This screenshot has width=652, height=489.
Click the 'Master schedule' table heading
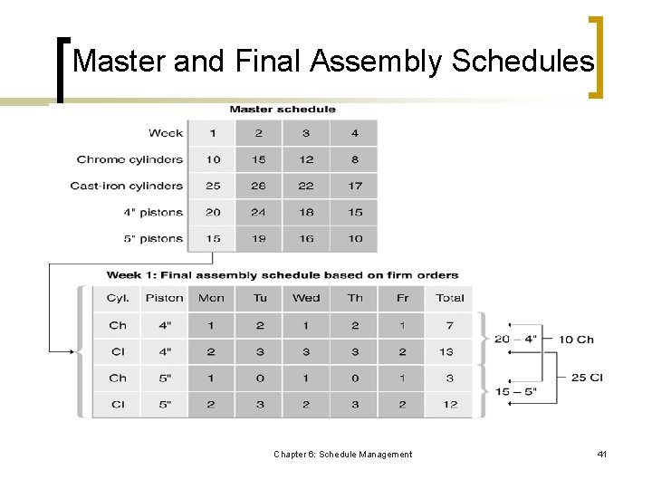tap(283, 110)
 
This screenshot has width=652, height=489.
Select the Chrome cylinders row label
tap(129, 159)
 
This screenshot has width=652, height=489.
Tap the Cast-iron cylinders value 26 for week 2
tap(259, 186)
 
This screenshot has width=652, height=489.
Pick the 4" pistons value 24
tap(259, 212)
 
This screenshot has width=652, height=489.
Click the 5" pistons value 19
tap(259, 238)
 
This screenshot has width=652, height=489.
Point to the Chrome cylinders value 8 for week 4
tap(355, 159)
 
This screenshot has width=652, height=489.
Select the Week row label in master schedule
tap(166, 133)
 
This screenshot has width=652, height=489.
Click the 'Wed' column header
tap(306, 298)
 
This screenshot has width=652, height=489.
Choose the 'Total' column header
tap(449, 298)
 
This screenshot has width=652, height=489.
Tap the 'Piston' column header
tap(164, 298)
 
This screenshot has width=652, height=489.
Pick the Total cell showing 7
tap(449, 325)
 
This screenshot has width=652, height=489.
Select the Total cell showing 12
tap(449, 404)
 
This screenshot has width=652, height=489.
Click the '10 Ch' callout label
tap(576, 340)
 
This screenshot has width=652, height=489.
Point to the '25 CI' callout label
tap(587, 378)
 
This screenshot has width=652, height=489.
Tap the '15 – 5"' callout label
tap(515, 391)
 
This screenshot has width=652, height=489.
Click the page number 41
tap(601, 454)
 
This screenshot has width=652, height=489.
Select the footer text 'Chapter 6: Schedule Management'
tap(342, 454)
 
